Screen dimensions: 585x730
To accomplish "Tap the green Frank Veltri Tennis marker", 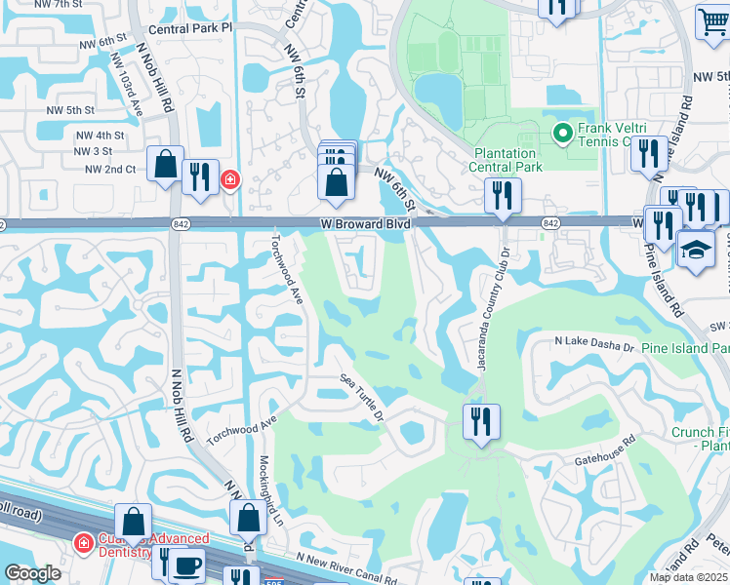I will click(x=562, y=133).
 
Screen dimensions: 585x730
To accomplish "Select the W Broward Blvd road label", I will click(x=366, y=224).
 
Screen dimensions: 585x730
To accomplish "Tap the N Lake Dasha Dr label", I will click(x=594, y=343).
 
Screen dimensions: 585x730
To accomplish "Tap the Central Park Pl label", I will click(x=192, y=28).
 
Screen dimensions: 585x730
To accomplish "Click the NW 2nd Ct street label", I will click(x=110, y=169).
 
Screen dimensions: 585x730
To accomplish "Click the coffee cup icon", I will click(x=188, y=565).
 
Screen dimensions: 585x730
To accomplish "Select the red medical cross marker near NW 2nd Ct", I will click(x=230, y=179).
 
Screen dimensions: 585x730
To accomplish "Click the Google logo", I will click(x=32, y=573).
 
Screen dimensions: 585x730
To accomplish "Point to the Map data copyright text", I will click(x=689, y=577).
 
